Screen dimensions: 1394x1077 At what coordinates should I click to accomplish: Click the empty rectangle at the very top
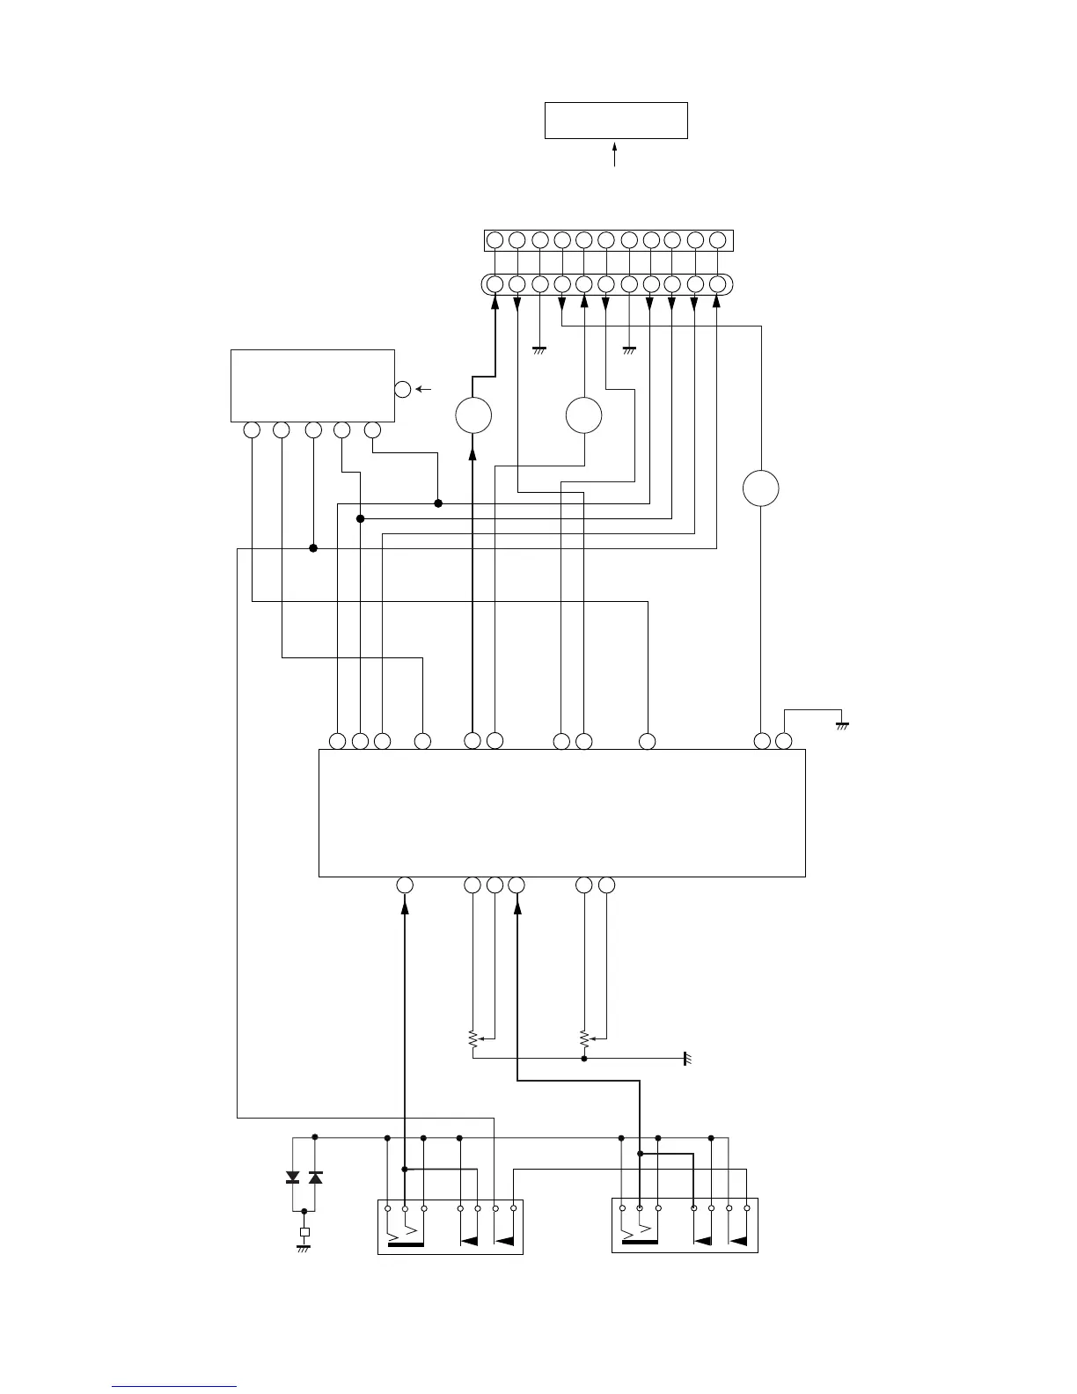click(x=616, y=121)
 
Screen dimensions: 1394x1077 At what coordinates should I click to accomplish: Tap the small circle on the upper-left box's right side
click(x=403, y=389)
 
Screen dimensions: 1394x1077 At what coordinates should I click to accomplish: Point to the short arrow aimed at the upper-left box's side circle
click(x=425, y=389)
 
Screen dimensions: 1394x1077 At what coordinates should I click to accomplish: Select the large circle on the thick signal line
click(x=473, y=415)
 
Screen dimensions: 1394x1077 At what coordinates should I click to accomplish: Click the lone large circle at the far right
click(x=760, y=488)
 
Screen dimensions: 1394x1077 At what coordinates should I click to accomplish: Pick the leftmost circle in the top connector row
click(x=495, y=240)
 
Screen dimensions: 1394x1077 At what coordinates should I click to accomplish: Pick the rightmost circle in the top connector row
click(x=717, y=240)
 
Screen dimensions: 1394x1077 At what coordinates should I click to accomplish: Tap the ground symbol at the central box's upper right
click(x=842, y=726)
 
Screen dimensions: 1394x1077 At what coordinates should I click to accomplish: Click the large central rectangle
click(x=561, y=813)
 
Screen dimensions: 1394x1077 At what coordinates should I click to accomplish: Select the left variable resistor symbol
click(x=473, y=1039)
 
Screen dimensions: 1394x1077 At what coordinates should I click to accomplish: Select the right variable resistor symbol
click(x=584, y=1039)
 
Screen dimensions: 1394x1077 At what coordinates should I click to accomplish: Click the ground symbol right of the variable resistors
click(x=686, y=1058)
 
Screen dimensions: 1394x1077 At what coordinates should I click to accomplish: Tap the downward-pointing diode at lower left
click(x=293, y=1178)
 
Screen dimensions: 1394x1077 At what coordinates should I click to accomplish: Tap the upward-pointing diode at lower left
click(x=316, y=1178)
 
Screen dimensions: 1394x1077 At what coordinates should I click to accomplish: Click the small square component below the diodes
click(x=304, y=1232)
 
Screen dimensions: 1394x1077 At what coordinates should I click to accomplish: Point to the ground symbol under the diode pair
click(x=304, y=1248)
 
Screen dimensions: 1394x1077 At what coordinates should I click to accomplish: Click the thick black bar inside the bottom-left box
click(x=406, y=1244)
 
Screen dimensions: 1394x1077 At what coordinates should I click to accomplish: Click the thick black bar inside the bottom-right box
click(x=640, y=1244)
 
